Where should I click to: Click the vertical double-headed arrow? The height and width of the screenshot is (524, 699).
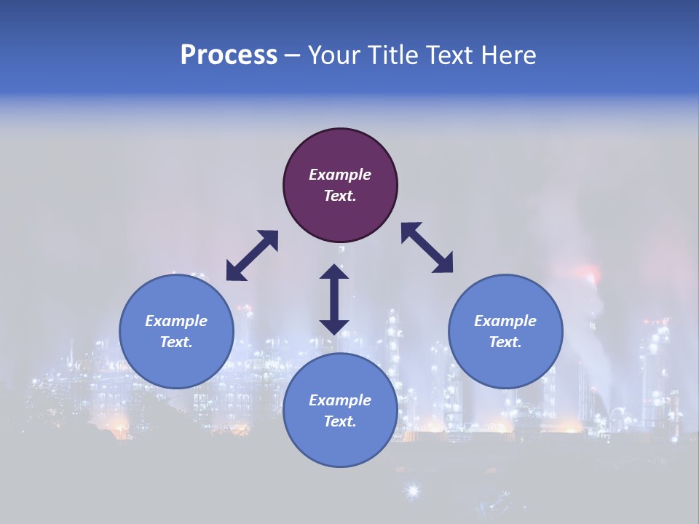334,299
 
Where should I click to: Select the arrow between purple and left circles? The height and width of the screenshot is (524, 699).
252,255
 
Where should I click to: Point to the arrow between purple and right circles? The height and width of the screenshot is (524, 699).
427,247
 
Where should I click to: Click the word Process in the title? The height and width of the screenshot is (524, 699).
229,55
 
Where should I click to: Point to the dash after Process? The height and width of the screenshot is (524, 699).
293,55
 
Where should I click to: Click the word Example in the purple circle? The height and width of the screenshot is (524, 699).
340,175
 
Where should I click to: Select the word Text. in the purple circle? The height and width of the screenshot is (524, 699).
340,196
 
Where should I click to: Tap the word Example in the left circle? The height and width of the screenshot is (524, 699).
176,321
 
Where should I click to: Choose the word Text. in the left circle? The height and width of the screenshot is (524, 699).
176,342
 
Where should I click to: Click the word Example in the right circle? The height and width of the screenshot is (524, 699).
505,321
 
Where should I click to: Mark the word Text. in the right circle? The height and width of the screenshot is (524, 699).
505,342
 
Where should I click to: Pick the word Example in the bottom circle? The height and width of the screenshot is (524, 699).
340,400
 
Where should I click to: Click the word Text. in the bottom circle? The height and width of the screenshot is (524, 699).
340,421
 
